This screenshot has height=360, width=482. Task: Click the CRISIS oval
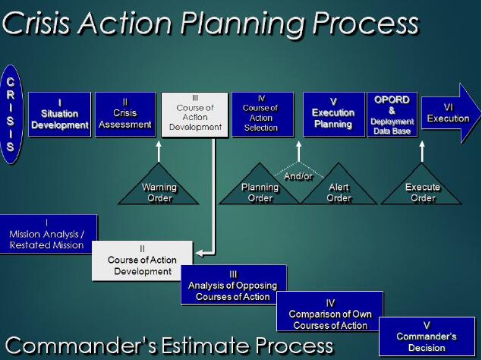11,115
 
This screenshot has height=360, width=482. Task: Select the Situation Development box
60,115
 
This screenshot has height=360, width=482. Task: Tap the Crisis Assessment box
125,115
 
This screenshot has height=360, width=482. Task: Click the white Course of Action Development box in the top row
195,115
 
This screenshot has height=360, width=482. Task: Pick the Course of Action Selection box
263,115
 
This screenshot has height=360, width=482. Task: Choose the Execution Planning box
334,115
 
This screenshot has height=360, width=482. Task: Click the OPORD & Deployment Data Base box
392,115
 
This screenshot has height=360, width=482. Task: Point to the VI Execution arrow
451,113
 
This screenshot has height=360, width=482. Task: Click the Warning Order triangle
159,188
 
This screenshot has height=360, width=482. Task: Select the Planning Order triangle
260,188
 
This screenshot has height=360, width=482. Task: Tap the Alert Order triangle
339,188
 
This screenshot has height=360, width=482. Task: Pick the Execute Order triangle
422,188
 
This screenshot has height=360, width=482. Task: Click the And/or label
298,176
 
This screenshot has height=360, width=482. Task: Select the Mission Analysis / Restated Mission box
49,234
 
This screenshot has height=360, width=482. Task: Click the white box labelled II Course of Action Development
143,261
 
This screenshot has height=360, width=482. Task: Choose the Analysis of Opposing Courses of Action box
234,285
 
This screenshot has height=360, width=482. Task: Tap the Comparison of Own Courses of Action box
330,311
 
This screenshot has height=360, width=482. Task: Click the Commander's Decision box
427,336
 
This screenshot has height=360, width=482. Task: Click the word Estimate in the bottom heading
205,346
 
